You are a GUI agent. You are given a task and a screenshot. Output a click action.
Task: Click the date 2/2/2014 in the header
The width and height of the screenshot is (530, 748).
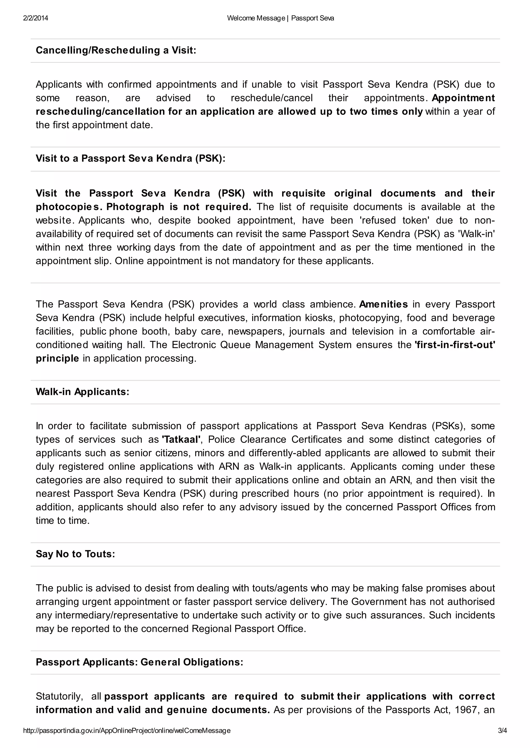tap(35, 18)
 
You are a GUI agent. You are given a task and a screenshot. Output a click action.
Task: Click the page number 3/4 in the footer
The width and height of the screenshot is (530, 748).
tap(503, 731)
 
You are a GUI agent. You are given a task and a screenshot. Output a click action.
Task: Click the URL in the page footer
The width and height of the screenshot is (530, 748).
tap(127, 731)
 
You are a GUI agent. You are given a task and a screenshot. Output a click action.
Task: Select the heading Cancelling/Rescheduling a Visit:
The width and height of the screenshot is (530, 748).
tap(116, 50)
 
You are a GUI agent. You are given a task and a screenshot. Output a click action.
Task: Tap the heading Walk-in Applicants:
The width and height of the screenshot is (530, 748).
tap(82, 392)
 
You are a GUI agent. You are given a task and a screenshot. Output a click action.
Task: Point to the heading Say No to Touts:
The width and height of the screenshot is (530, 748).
tap(75, 554)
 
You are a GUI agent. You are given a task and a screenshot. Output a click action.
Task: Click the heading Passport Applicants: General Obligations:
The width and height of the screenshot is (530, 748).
tap(139, 662)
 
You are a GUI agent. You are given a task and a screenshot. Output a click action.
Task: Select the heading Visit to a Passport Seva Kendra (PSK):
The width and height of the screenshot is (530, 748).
tap(130, 158)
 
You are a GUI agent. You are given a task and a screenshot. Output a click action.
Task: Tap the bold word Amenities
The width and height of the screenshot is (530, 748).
tap(384, 304)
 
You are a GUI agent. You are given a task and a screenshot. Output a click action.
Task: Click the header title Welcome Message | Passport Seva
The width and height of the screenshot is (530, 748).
tap(280, 18)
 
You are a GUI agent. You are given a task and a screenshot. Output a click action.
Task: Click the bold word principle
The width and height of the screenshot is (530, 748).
tap(57, 359)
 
